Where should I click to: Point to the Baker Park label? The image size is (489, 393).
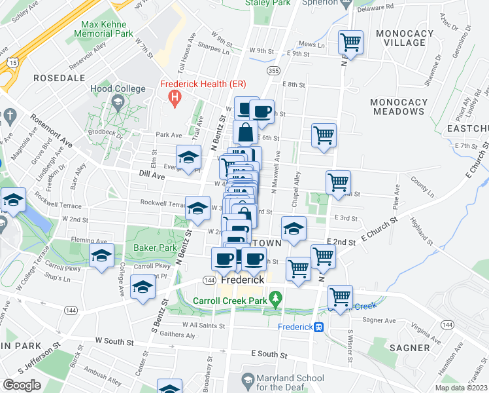click(152, 248)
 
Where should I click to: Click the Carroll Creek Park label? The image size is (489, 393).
click(231, 301)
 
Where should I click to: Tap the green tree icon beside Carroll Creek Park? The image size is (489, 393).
click(277, 301)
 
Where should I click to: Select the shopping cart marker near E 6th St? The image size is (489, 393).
click(324, 136)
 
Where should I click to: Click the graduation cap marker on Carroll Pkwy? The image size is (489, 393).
click(101, 257)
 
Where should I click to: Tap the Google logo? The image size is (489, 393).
click(22, 385)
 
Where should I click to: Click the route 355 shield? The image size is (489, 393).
click(274, 69)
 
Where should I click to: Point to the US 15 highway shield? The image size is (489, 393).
click(12, 62)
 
